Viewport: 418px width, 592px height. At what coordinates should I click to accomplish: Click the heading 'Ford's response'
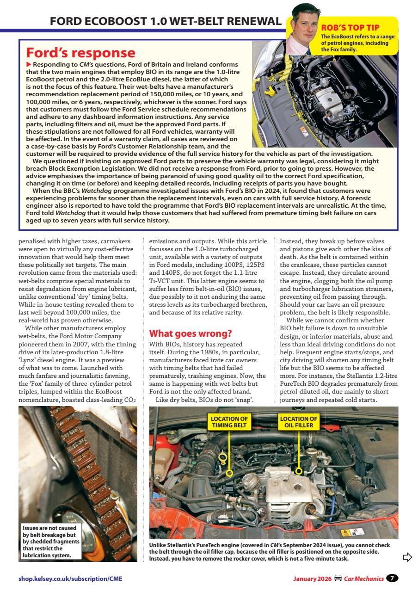pos(81,53)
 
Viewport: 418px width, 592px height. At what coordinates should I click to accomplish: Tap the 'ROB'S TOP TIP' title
pos(350,28)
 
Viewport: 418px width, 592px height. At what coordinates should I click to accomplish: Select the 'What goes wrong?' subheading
pos(190,333)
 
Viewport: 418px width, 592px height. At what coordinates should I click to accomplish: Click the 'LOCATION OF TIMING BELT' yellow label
pos(229,422)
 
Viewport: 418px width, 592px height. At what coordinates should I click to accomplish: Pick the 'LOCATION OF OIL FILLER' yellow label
pos(299,422)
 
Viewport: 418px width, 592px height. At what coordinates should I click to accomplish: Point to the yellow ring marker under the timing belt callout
pos(229,473)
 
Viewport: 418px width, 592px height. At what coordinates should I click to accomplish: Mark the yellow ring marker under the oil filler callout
pos(299,471)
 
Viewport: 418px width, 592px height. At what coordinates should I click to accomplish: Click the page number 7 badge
pos(392,578)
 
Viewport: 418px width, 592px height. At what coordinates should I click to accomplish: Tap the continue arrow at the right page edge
pos(407,557)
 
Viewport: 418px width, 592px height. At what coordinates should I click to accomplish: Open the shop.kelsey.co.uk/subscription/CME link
pos(70,579)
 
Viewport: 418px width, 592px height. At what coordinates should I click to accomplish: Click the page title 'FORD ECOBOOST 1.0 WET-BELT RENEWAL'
pos(165,21)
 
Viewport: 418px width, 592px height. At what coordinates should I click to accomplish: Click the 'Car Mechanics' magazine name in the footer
pos(363,579)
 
